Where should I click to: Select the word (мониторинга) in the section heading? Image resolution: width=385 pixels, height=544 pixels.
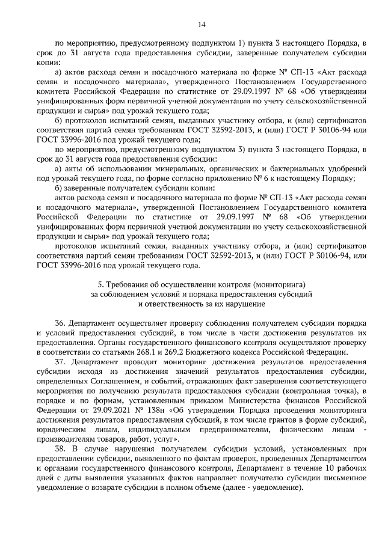(281, 283)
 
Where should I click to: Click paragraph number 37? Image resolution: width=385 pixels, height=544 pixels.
(60, 362)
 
